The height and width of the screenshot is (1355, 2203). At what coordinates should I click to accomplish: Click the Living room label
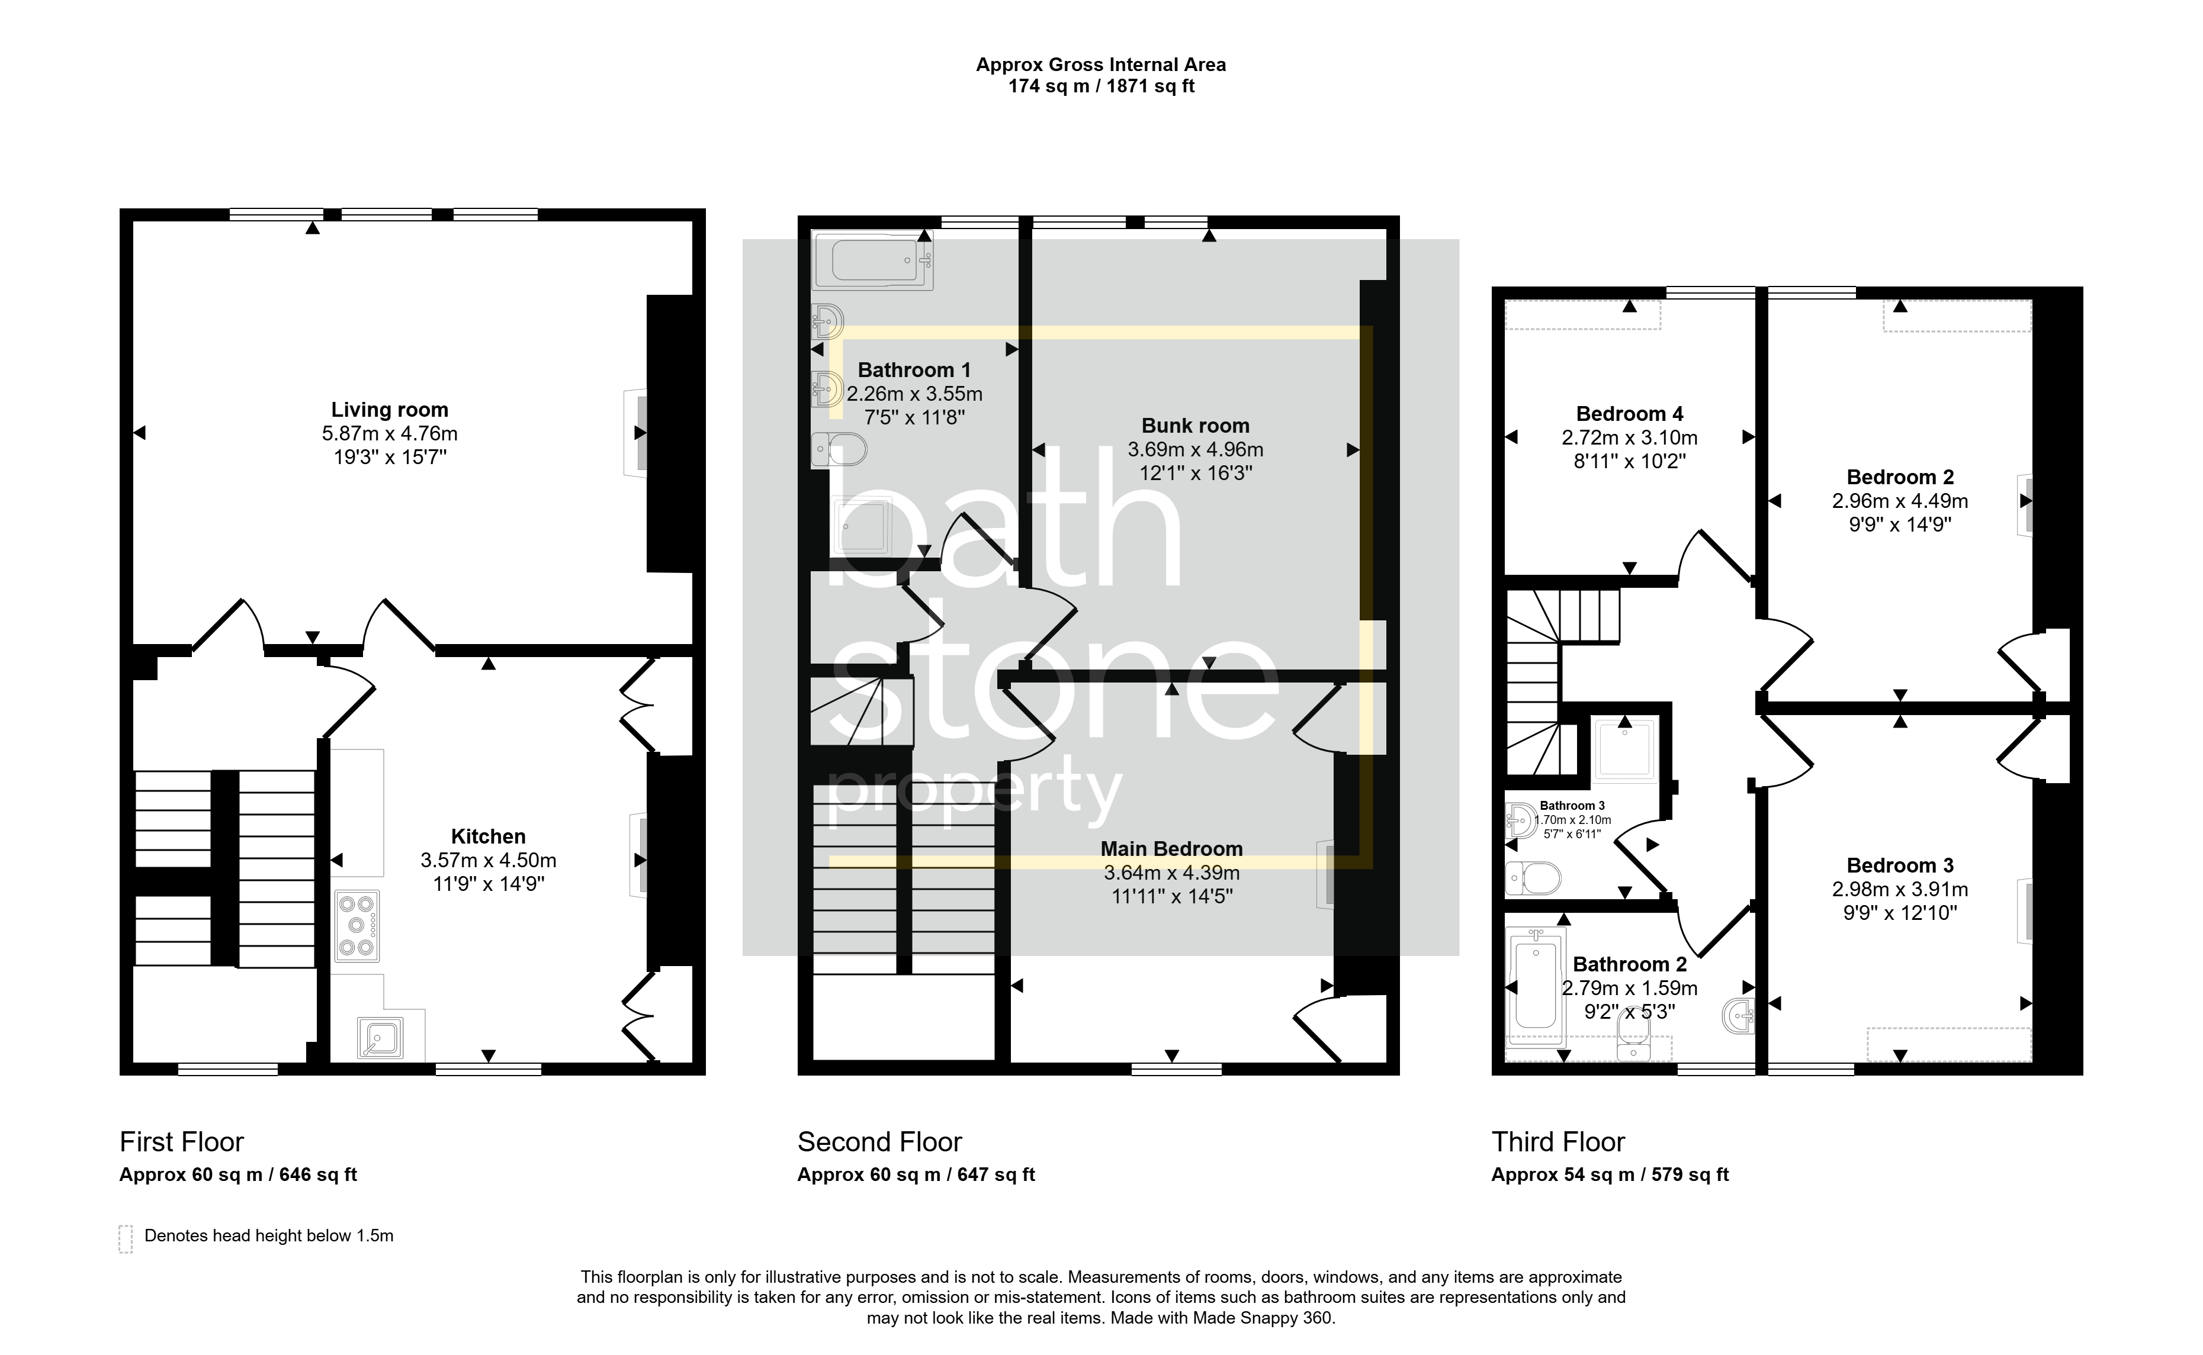pyautogui.click(x=390, y=410)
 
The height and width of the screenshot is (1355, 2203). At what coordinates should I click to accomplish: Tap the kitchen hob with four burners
pyautogui.click(x=357, y=925)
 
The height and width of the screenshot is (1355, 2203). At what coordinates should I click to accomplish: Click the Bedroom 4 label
pyautogui.click(x=1629, y=414)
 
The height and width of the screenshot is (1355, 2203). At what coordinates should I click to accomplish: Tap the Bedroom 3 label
pyautogui.click(x=1900, y=865)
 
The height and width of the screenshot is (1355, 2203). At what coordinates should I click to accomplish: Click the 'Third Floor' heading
pyautogui.click(x=1557, y=1142)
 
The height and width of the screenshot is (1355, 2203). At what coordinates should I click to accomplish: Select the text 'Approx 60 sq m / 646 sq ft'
pyautogui.click(x=239, y=1175)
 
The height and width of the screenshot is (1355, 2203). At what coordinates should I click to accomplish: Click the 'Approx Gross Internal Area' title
pyautogui.click(x=1100, y=65)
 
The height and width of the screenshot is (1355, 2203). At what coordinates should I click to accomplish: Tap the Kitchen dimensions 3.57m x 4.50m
pyautogui.click(x=489, y=860)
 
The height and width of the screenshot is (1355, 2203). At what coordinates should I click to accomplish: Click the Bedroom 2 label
pyautogui.click(x=1900, y=478)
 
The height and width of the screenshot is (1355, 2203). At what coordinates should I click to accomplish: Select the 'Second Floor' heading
pyautogui.click(x=879, y=1142)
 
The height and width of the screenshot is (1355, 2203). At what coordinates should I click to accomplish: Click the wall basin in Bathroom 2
pyautogui.click(x=1739, y=1015)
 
